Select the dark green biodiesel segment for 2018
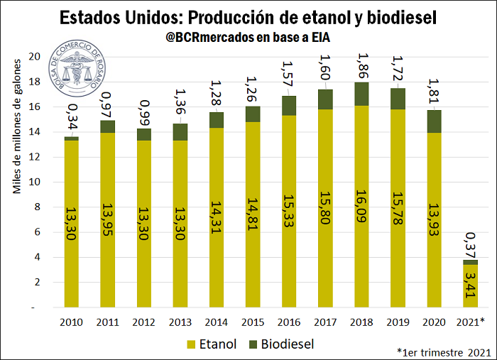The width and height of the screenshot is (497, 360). [362, 94]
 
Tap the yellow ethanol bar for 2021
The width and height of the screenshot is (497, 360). [471, 286]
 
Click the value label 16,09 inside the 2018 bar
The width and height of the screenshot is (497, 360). [362, 208]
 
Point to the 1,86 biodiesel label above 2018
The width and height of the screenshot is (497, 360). [362, 66]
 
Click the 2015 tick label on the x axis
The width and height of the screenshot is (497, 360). [253, 321]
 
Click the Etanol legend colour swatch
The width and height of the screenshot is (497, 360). [191, 344]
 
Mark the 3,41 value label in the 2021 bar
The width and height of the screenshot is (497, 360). [471, 290]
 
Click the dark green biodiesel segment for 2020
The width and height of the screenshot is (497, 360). [435, 121]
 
